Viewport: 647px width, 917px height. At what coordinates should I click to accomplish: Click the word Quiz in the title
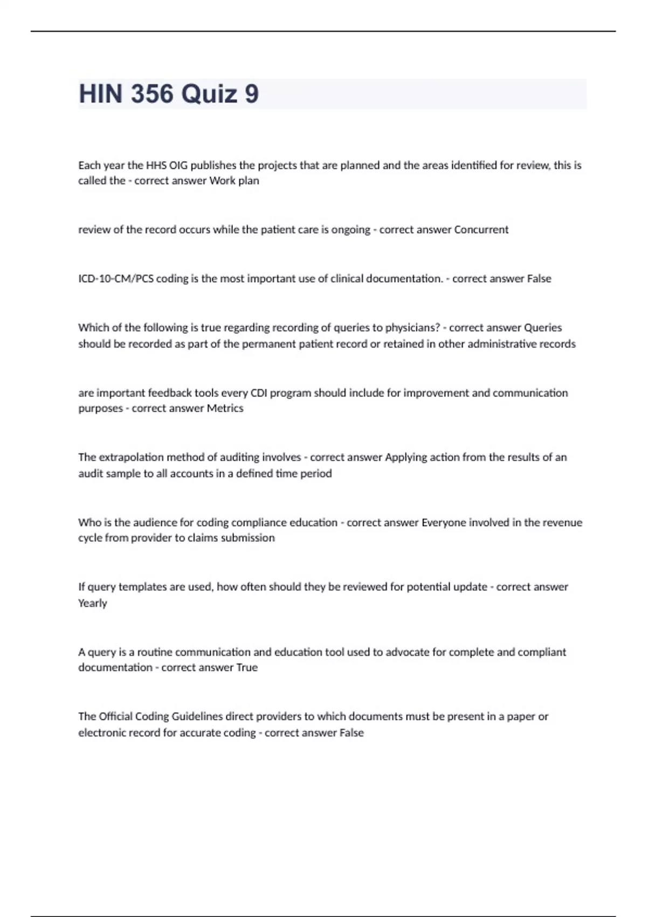209,94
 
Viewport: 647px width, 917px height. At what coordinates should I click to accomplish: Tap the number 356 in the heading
152,94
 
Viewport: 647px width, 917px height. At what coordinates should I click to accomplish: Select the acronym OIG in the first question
178,165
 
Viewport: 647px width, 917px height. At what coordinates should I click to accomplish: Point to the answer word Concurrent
481,230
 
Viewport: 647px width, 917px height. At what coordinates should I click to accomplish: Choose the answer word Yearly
93,603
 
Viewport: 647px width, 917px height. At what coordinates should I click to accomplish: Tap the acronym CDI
259,393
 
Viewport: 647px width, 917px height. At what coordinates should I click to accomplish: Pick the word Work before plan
222,181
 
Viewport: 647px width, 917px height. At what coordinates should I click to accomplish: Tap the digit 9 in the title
252,94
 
